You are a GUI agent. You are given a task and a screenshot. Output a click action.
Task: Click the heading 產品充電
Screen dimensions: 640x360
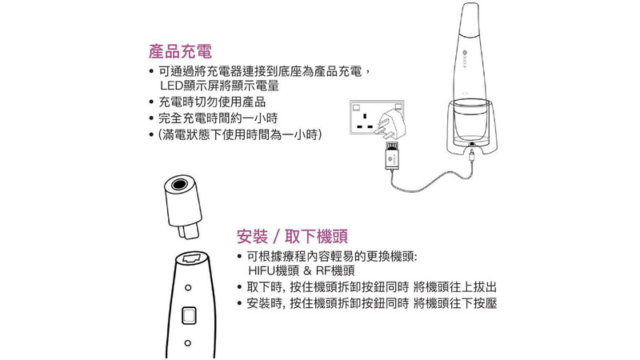(181, 52)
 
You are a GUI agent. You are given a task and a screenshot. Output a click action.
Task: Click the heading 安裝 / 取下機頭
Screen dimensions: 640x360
(292, 236)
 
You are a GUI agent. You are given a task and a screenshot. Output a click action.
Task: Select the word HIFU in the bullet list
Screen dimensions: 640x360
(262, 270)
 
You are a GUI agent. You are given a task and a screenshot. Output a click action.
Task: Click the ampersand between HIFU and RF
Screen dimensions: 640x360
(307, 270)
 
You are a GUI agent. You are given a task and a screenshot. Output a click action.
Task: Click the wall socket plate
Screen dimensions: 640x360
(376, 117)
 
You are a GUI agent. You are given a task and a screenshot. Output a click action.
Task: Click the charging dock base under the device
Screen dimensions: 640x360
(472, 129)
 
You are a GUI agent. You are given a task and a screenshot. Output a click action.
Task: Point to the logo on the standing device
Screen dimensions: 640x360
(465, 52)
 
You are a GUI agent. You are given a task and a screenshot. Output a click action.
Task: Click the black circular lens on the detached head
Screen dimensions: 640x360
(179, 185)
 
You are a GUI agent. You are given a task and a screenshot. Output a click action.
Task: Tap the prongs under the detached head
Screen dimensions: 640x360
(189, 231)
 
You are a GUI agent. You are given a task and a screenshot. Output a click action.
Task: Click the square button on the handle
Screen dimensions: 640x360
(189, 315)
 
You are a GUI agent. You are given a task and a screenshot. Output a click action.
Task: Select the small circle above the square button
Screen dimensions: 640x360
(188, 288)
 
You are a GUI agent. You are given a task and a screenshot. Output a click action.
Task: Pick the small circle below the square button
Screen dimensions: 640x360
(188, 343)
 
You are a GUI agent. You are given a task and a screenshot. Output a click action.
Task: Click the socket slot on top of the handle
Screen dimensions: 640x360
(192, 258)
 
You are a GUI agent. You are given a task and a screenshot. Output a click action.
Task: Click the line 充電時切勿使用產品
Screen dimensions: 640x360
(212, 102)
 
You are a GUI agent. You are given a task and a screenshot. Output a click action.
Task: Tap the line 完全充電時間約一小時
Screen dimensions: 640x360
(218, 118)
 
